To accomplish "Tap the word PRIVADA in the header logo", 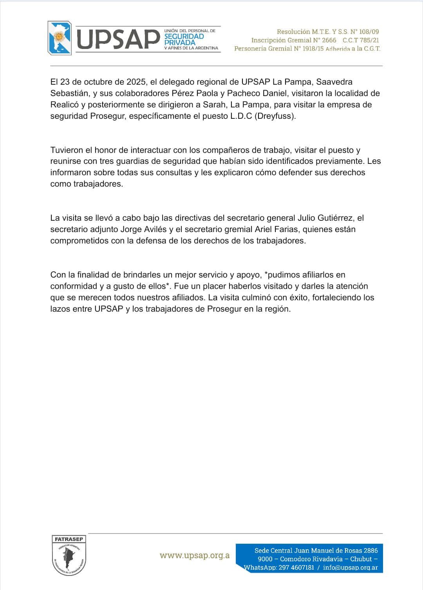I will pyautogui.click(x=180, y=42).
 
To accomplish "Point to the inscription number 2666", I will pyautogui.click(x=329, y=40).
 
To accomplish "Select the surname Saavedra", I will pyautogui.click(x=334, y=82).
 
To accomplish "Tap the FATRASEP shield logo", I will pyautogui.click(x=69, y=555).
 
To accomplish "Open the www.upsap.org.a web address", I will pyautogui.click(x=195, y=556).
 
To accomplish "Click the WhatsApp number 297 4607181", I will pyautogui.click(x=296, y=568).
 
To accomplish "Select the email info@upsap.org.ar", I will pyautogui.click(x=350, y=568).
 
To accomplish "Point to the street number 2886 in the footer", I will pyautogui.click(x=371, y=551).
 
